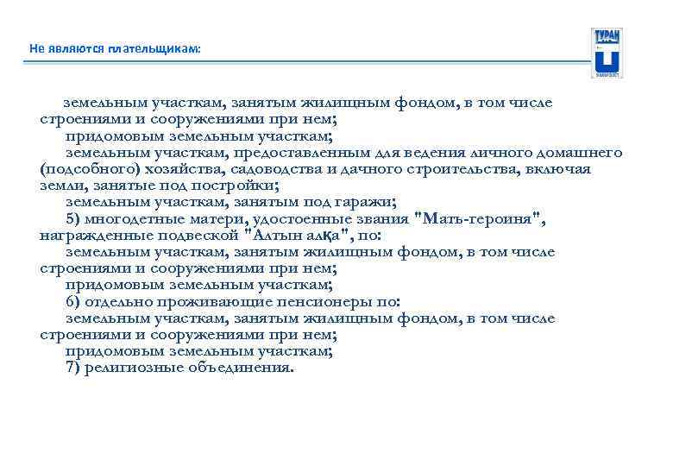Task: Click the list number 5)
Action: tap(74, 218)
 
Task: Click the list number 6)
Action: tap(74, 301)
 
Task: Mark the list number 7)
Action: tap(74, 368)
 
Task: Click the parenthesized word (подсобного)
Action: tap(87, 169)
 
